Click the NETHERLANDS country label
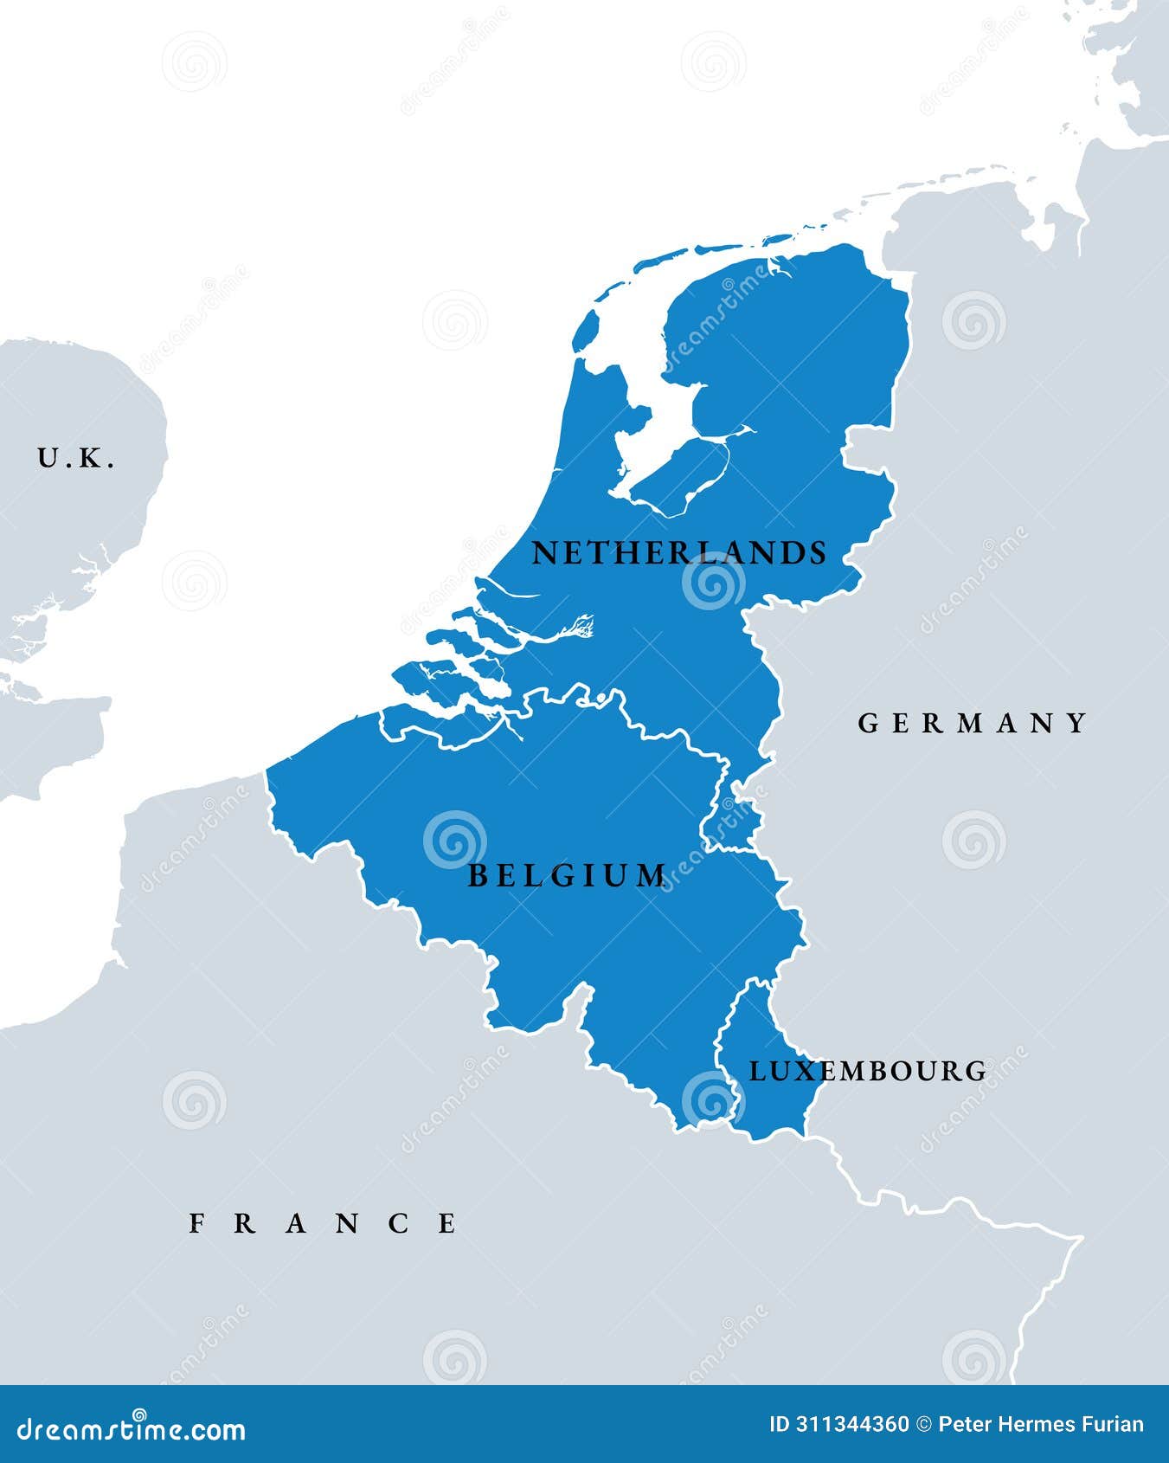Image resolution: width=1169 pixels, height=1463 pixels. (678, 553)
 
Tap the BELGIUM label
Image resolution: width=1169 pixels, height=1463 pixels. (567, 876)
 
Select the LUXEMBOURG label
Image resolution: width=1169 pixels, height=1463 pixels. (867, 1071)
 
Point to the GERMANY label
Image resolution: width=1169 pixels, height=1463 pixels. (973, 723)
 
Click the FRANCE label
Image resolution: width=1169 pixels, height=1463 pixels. (323, 1223)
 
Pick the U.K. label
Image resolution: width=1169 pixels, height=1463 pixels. (76, 458)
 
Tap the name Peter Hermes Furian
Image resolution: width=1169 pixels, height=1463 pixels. (1041, 1425)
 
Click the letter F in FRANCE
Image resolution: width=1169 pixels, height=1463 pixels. (197, 1223)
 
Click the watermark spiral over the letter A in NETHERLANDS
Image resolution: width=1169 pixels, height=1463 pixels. (713, 582)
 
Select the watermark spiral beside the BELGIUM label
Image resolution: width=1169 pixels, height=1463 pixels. (454, 839)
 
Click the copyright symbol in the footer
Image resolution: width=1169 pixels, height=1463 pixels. (923, 1425)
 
